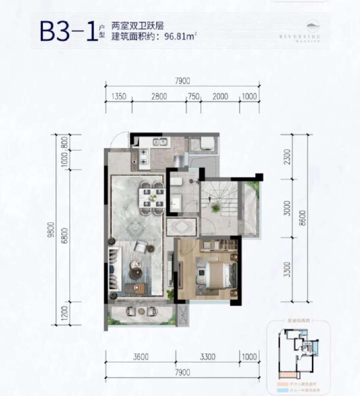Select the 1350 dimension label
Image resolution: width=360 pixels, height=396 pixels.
coord(119,96)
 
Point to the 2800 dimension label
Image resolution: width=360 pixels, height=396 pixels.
coord(158,96)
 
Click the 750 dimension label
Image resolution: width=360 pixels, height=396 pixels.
coord(194,96)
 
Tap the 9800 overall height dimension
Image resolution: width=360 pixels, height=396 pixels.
coord(51,231)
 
